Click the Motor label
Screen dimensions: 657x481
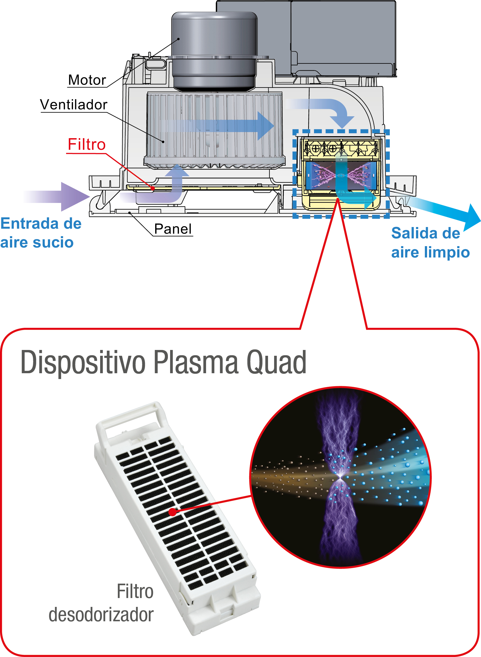click(x=87, y=80)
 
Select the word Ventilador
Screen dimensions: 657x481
click(x=74, y=105)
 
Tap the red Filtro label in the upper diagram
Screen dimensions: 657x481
click(x=87, y=144)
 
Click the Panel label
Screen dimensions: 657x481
click(x=173, y=229)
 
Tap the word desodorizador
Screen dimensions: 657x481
click(x=101, y=615)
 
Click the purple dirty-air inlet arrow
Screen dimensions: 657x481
click(x=58, y=197)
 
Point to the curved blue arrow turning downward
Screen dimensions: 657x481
click(x=326, y=109)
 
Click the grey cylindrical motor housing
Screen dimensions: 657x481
click(x=214, y=50)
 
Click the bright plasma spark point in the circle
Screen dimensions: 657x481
click(x=340, y=477)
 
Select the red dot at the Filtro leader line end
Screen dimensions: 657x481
click(x=153, y=189)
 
